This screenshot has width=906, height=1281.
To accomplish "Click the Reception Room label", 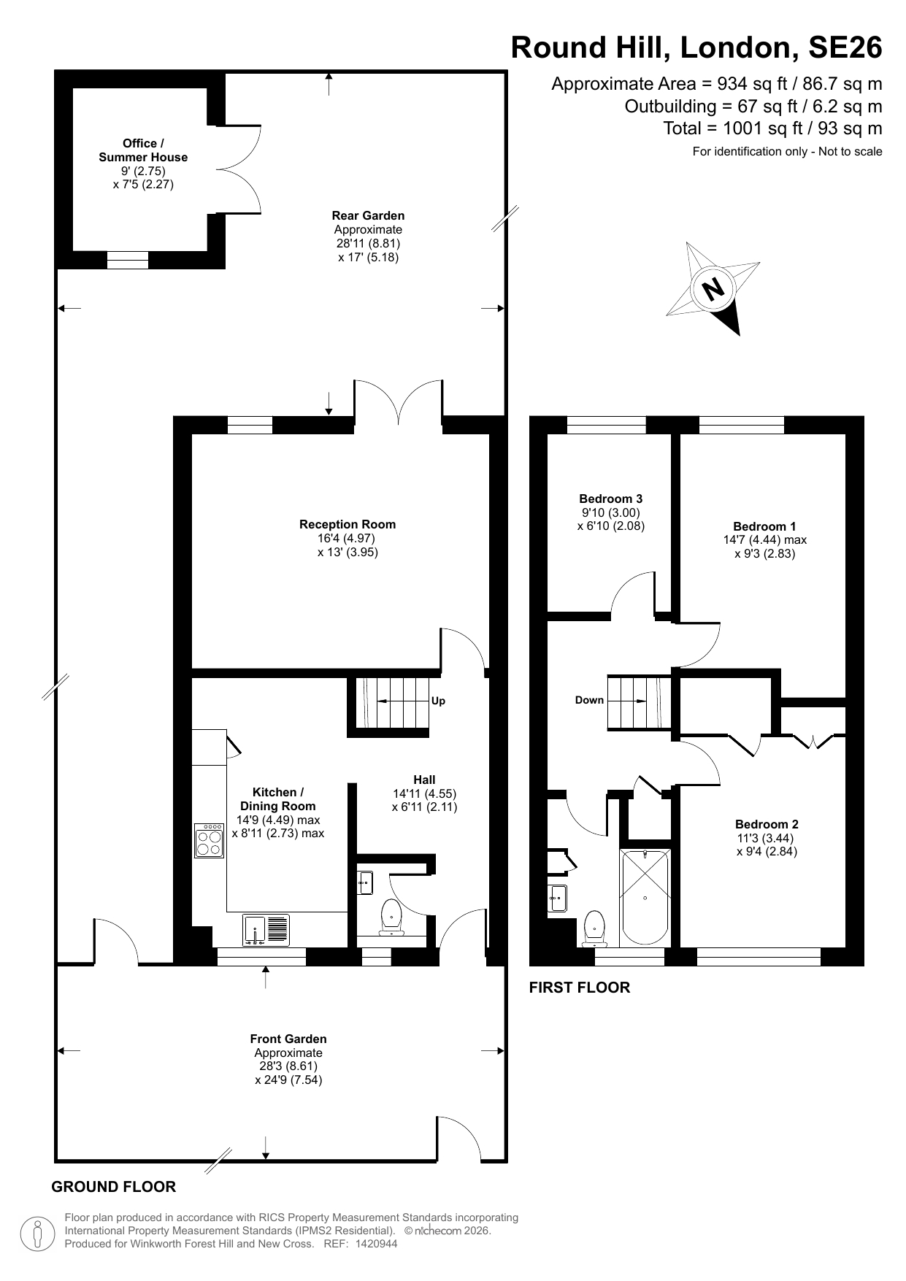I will pos(348,524).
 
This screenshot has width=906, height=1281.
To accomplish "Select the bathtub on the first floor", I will pos(644,896).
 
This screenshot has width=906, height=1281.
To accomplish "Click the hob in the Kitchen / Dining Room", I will pos(209,840).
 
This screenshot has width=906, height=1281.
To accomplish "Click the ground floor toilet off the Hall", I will pos(391,918).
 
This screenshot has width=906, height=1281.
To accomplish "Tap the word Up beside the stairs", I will pos(438,701).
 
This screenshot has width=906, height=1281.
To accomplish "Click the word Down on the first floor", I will pos(589,700).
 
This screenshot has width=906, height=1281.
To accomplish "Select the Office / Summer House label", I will pos(143,150).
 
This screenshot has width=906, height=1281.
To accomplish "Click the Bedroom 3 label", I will pos(610,499).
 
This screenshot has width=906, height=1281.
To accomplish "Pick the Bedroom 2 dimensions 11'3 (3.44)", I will pos(766,838).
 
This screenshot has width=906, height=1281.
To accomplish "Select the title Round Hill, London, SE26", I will pos(696,47).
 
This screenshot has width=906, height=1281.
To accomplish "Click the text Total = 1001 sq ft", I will pos(772,128).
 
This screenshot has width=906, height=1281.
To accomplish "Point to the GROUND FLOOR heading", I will pos(113,1187).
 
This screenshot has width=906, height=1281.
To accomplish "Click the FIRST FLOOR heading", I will pos(579,988).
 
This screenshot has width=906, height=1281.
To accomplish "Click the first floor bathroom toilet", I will pos(595,927).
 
